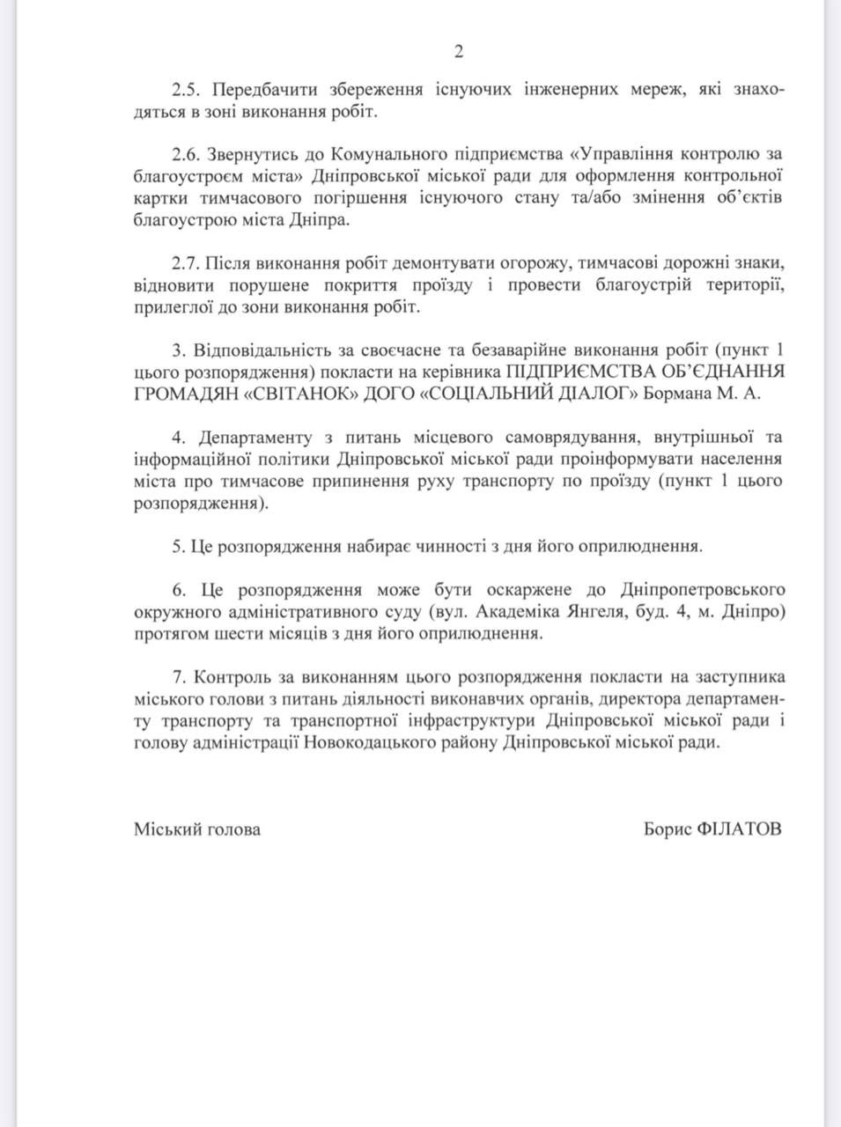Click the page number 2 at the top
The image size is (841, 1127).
458,52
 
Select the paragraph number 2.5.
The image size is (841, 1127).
187,91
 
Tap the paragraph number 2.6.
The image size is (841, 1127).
187,154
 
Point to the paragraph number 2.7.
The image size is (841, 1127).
187,262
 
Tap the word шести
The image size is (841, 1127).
226,633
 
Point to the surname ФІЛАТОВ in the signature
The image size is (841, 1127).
739,829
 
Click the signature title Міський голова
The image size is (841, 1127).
196,829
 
